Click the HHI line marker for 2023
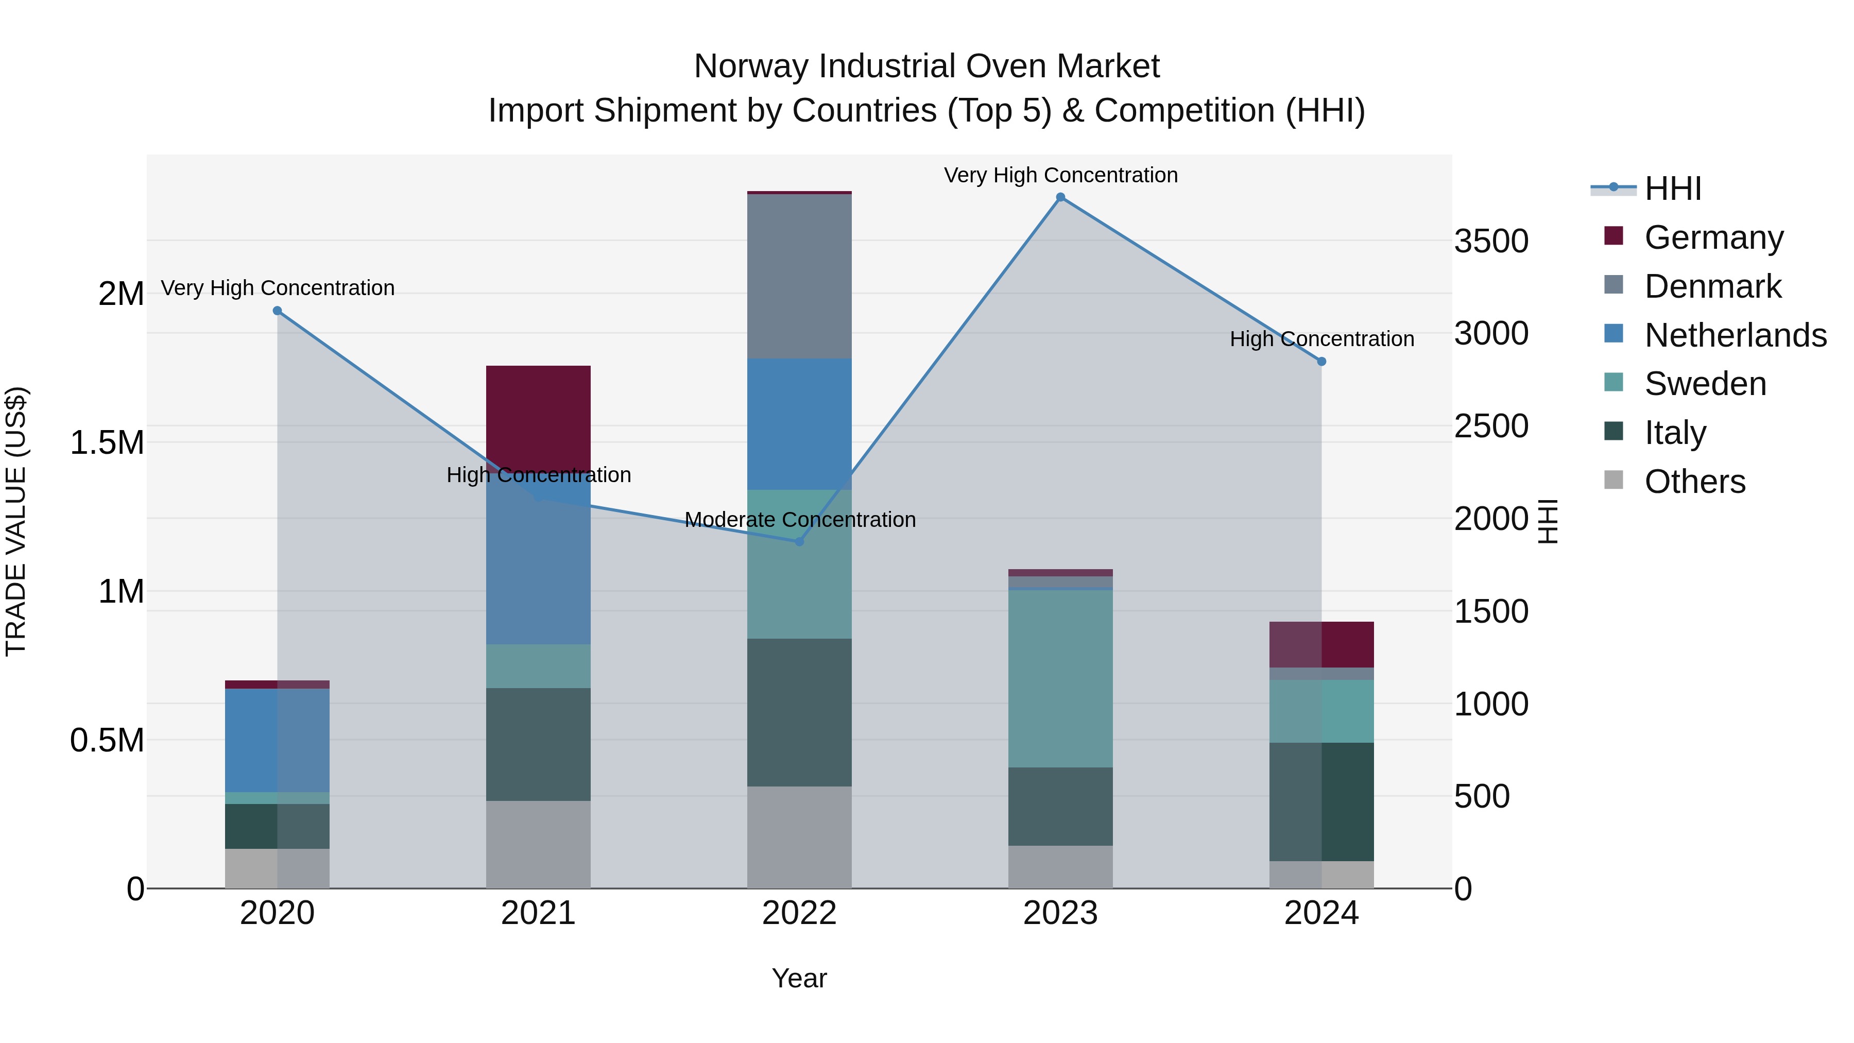pyautogui.click(x=1060, y=197)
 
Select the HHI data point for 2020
pyautogui.click(x=277, y=311)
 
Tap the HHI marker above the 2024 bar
pyautogui.click(x=1321, y=362)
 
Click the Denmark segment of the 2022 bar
pyautogui.click(x=799, y=277)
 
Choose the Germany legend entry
pyautogui.click(x=1713, y=237)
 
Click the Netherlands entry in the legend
pyautogui.click(x=1735, y=335)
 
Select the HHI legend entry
pyautogui.click(x=1673, y=189)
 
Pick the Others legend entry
pyautogui.click(x=1694, y=482)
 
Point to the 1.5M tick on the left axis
pyautogui.click(x=107, y=442)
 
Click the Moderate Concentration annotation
pyautogui.click(x=800, y=520)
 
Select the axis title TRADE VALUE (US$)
pyautogui.click(x=16, y=521)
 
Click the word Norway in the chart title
pyautogui.click(x=751, y=66)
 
